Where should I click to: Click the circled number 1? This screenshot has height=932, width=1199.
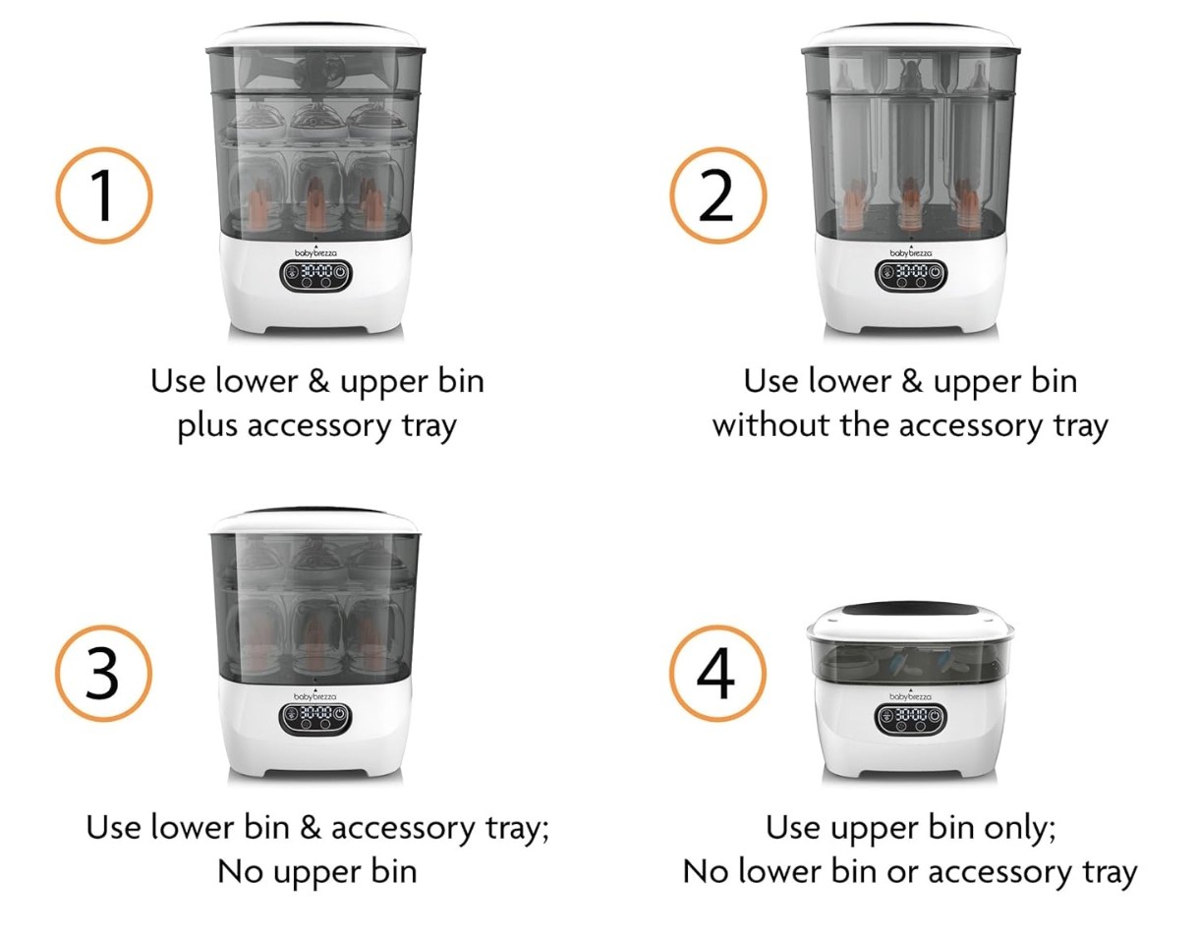(x=104, y=195)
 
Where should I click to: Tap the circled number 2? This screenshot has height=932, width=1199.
(x=717, y=195)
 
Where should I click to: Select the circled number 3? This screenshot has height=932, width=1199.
(x=104, y=673)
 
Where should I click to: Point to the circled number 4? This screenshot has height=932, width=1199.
(x=717, y=673)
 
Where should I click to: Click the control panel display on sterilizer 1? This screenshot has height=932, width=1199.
(x=316, y=274)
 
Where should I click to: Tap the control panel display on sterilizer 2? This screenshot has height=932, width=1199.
(x=911, y=274)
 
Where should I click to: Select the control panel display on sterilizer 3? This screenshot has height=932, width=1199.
(x=315, y=719)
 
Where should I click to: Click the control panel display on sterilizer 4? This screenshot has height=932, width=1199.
(x=910, y=719)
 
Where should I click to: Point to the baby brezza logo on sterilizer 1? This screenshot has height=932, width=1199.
(x=315, y=251)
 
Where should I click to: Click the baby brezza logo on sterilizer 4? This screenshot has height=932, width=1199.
(x=910, y=696)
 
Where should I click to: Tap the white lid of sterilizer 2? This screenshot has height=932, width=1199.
(x=911, y=36)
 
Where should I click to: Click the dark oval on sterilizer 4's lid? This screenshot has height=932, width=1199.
(x=910, y=610)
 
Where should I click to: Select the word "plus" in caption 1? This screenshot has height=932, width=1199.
(x=207, y=426)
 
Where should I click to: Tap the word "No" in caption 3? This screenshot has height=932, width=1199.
(x=240, y=872)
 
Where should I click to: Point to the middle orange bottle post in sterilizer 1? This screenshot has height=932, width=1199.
(x=315, y=203)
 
